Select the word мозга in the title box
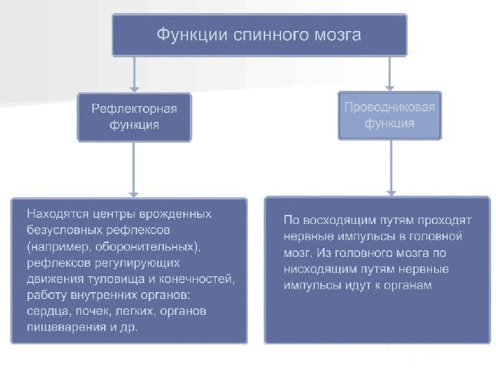click(x=335, y=34)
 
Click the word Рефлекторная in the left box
click(x=134, y=109)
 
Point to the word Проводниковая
click(x=389, y=108)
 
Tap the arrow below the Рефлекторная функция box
click(x=134, y=169)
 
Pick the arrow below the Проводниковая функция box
click(x=392, y=168)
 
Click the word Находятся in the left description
click(x=55, y=214)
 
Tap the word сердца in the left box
click(x=45, y=311)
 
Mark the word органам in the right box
click(x=408, y=285)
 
